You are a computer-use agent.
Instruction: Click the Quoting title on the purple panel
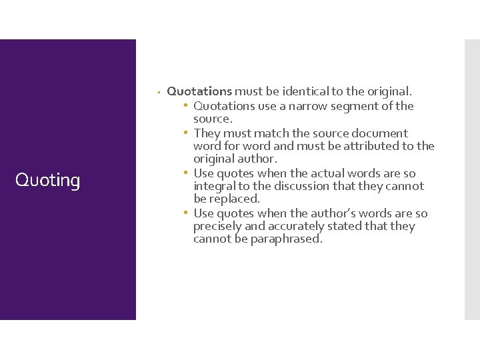point(47,180)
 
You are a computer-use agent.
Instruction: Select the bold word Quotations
point(199,91)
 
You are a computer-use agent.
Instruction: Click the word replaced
point(236,199)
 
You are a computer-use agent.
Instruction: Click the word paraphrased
point(286,239)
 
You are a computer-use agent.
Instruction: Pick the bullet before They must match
point(187,133)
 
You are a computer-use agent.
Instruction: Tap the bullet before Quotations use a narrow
point(187,106)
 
